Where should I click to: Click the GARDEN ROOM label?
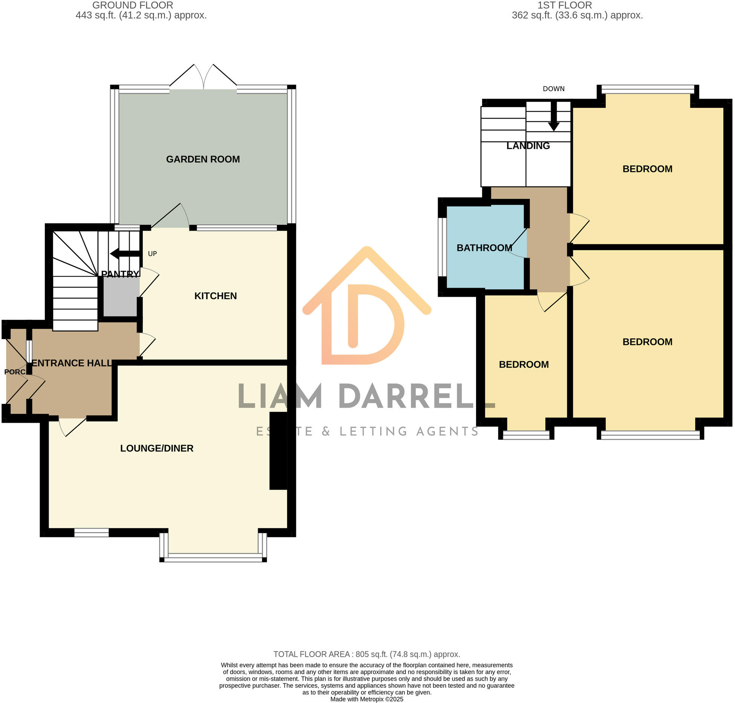(203, 159)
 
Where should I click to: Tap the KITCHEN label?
(216, 296)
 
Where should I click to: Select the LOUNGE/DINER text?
(157, 448)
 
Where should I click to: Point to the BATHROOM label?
(484, 248)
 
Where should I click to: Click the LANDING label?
(528, 146)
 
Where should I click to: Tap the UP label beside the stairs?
(152, 254)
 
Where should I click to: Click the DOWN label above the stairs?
(554, 89)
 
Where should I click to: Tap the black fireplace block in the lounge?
(278, 451)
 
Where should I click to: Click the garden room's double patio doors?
(204, 77)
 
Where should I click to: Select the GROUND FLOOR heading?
(133, 5)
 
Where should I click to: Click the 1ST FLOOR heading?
(565, 5)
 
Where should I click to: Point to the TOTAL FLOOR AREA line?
(367, 654)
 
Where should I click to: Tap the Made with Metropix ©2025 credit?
(367, 699)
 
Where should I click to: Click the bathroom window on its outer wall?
(442, 247)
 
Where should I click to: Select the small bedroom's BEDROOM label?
(524, 365)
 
